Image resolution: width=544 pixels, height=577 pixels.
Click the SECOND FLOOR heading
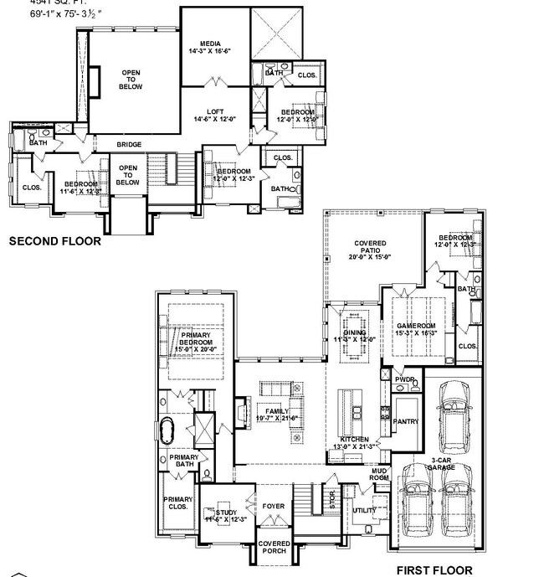(x=54, y=241)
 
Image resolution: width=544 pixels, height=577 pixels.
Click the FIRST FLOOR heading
(x=434, y=570)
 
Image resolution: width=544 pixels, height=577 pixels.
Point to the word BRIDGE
(x=128, y=145)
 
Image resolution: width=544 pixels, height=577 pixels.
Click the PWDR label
(x=405, y=379)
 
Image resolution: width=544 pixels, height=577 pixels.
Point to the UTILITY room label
(x=364, y=509)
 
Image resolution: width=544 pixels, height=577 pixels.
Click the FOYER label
(x=274, y=507)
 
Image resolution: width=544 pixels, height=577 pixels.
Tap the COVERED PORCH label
(x=274, y=548)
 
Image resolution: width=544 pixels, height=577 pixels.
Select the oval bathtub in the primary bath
(x=167, y=430)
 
